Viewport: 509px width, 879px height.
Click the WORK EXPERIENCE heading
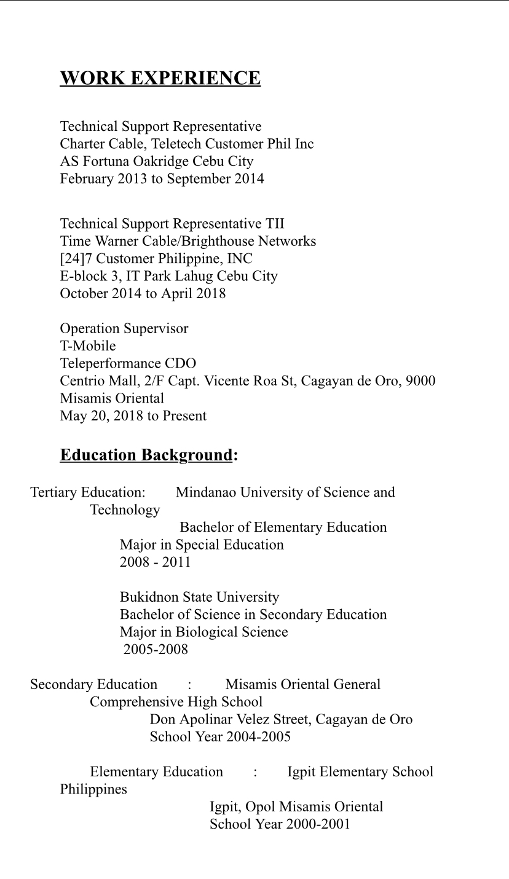160,79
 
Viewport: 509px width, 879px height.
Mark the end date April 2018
193,294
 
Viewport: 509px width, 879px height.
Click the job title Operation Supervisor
124,329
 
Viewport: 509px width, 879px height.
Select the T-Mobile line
87,346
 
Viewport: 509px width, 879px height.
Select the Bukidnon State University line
199,597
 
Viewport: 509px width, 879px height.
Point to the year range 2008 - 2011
155,562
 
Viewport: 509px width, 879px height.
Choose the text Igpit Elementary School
360,772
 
